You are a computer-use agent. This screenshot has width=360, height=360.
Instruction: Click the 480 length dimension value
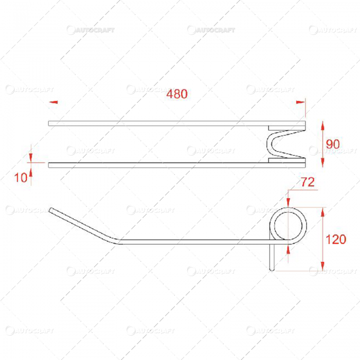[177, 94]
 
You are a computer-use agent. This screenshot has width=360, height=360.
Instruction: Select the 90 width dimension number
[333, 144]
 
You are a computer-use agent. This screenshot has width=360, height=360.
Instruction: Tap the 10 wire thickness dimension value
[21, 178]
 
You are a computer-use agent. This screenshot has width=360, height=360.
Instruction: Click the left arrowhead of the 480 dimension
[53, 102]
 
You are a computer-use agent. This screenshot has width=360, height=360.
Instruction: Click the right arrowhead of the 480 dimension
[300, 102]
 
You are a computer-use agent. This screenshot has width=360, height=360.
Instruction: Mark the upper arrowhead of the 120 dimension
[322, 212]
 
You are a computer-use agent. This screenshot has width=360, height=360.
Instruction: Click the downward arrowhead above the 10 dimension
[30, 156]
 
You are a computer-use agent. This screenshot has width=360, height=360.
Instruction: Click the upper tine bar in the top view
[154, 124]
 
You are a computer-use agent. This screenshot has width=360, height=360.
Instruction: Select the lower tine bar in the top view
[154, 165]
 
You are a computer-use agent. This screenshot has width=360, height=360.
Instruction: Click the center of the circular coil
[289, 225]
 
